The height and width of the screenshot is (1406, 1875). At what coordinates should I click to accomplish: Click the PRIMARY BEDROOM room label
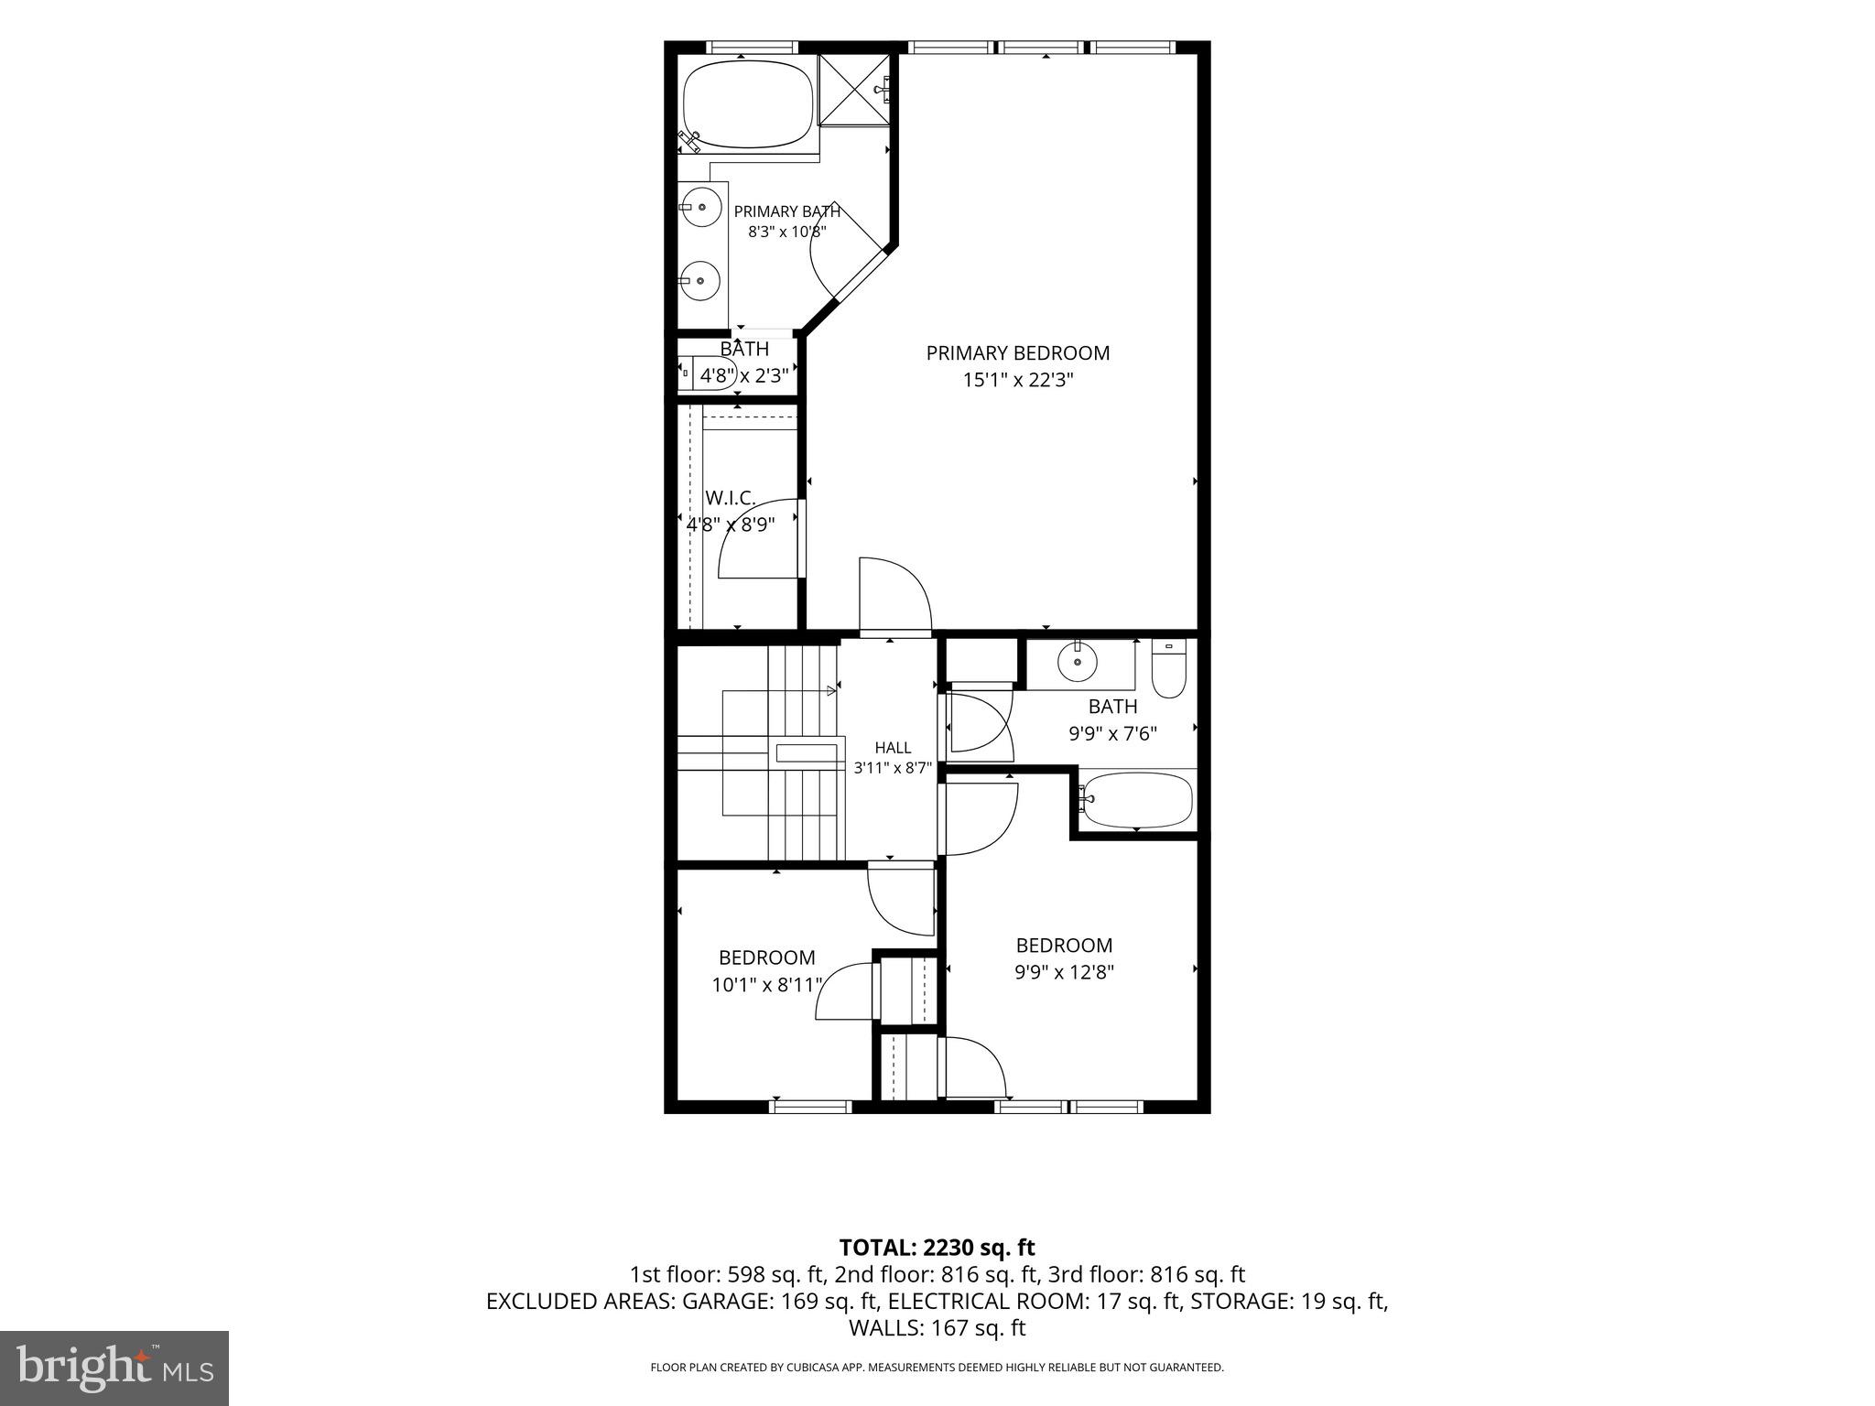[1017, 352]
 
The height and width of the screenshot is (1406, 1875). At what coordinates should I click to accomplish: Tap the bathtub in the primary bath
[748, 104]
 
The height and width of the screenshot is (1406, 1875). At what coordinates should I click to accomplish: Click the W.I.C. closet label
[731, 498]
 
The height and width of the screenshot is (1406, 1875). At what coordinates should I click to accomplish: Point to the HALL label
[893, 748]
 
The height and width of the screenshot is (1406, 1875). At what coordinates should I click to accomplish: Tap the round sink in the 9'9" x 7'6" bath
[1078, 661]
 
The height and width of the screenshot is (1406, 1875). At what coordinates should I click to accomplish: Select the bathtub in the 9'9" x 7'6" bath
[1136, 800]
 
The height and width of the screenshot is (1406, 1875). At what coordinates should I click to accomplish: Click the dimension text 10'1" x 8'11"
[767, 985]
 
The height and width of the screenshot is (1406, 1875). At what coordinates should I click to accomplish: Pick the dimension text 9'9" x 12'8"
[1064, 972]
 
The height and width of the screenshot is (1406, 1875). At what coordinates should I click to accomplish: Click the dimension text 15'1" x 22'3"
[1017, 380]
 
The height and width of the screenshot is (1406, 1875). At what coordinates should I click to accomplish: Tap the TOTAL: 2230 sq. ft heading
[937, 1247]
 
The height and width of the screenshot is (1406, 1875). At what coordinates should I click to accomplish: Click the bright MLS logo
[114, 1368]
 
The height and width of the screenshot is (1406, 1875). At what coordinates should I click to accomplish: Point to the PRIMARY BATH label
[787, 211]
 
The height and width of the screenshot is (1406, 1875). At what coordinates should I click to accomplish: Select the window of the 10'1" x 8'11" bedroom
[810, 1107]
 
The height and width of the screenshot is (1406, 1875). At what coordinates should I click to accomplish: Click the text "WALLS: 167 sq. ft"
[937, 1327]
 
